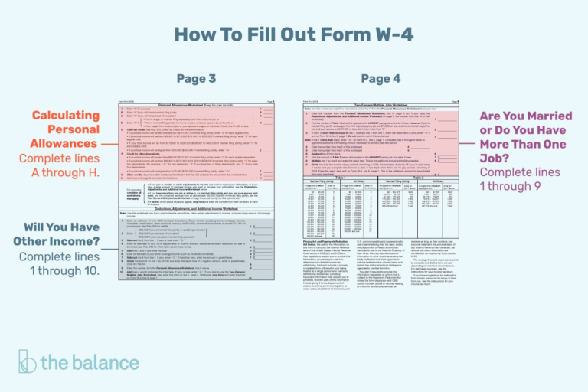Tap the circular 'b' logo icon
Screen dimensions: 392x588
[x=28, y=361]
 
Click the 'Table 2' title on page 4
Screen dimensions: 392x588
[x=416, y=177]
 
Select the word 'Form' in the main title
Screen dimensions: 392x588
[x=337, y=34]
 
